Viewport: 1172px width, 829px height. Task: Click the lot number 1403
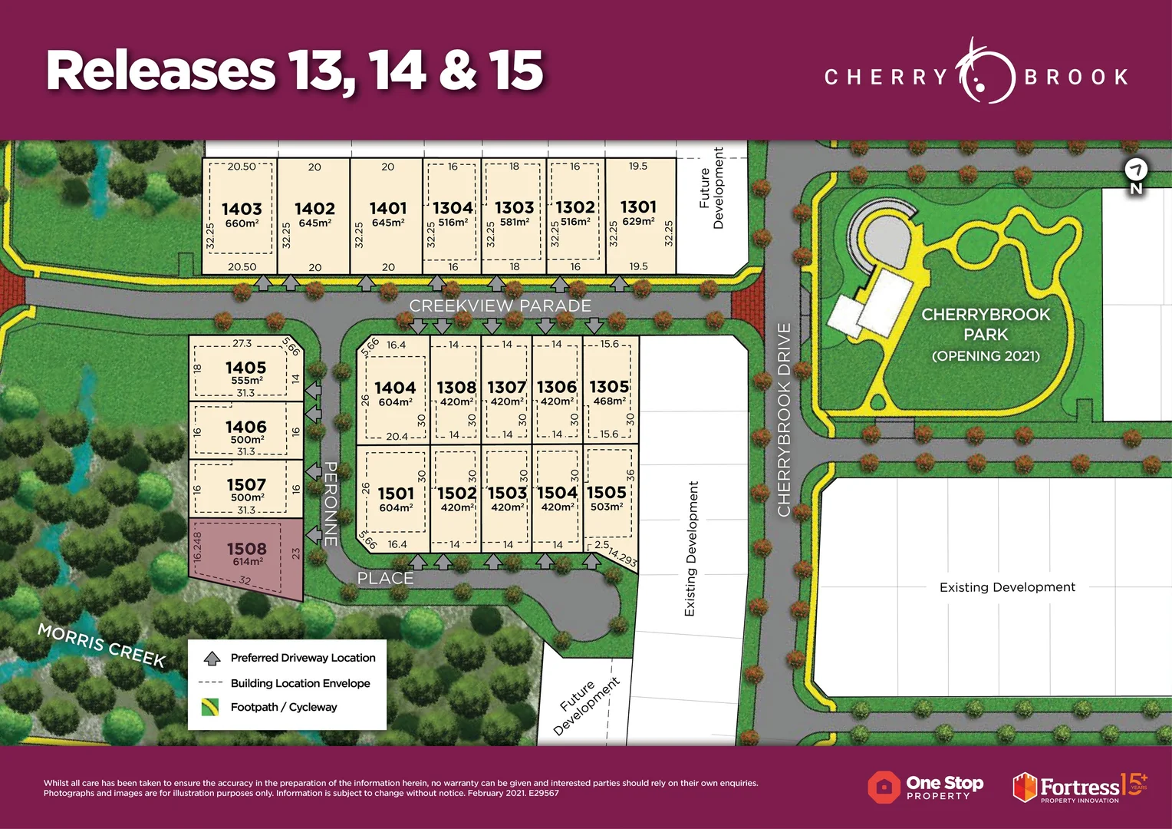pyautogui.click(x=242, y=209)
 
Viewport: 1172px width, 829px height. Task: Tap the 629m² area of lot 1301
pyautogui.click(x=638, y=221)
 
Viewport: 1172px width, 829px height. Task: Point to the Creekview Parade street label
pyautogui.click(x=500, y=306)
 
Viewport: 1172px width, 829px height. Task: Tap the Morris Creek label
pyautogui.click(x=101, y=645)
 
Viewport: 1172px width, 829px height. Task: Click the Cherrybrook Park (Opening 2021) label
pyautogui.click(x=986, y=335)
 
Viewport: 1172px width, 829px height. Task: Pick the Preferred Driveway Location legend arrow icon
pyautogui.click(x=212, y=659)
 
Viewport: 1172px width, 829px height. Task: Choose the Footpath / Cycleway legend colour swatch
pyautogui.click(x=210, y=707)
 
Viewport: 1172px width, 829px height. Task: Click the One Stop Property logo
pyautogui.click(x=925, y=787)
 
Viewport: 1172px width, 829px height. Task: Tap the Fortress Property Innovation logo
pyautogui.click(x=1078, y=788)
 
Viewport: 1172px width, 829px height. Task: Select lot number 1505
pyautogui.click(x=606, y=492)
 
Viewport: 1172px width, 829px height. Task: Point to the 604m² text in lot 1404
pyautogui.click(x=395, y=402)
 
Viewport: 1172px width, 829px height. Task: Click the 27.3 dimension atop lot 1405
pyautogui.click(x=242, y=344)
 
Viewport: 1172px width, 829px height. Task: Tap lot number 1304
pyautogui.click(x=453, y=208)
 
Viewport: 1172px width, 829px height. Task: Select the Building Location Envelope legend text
pyautogui.click(x=300, y=683)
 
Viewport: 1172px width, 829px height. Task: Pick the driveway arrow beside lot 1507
pyautogui.click(x=313, y=471)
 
